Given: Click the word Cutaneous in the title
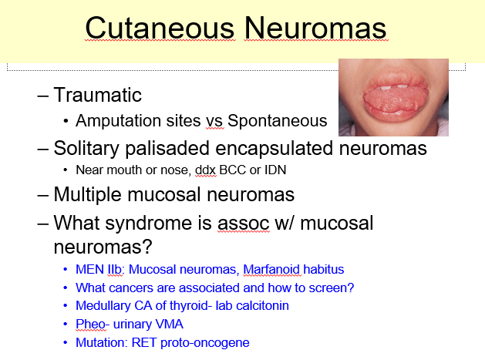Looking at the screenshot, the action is pos(160,28).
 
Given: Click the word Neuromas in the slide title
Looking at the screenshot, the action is pos(315,28).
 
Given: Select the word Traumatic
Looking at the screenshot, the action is pos(97,95).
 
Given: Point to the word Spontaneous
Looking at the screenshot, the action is pos(278,120).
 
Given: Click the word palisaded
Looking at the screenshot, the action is pos(167,148).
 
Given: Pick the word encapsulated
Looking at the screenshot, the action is pos(274,148).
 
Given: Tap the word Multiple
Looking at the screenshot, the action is pos(88,194).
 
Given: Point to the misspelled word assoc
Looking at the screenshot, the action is pos(244,224).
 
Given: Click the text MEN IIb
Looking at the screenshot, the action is pos(99,269).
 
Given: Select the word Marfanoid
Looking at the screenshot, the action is pos(271,269).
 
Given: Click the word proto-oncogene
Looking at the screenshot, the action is pos(205,343).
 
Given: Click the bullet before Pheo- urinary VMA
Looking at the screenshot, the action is pos(66,324).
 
